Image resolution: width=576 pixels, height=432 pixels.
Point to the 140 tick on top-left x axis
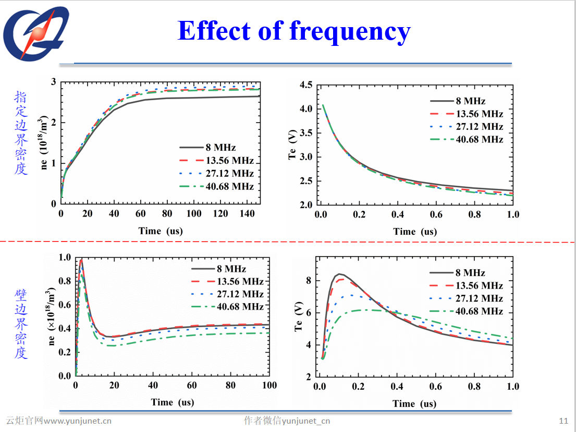pos(247,214)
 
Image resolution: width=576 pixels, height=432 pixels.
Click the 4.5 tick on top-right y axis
pos(306,85)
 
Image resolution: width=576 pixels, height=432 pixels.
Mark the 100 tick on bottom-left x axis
pos(269,386)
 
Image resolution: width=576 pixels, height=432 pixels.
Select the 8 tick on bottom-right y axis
pos(309,281)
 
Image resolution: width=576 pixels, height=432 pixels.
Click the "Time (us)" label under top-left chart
pos(161,231)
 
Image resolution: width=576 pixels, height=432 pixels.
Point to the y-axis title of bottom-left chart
pos(51,316)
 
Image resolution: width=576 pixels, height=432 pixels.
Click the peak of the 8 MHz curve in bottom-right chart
pos(339,274)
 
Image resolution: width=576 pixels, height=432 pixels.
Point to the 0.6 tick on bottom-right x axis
pos(436,387)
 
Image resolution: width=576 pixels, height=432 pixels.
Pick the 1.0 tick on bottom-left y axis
pos(65,257)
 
